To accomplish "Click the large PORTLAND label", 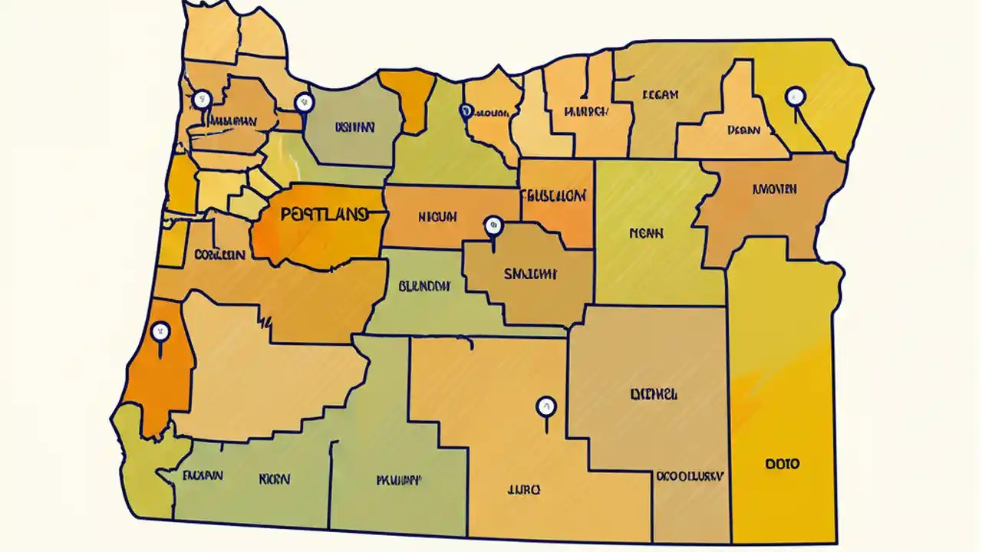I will (323, 215).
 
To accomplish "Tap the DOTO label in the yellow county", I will (782, 464).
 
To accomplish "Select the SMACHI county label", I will (530, 273).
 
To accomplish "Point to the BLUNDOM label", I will (424, 286).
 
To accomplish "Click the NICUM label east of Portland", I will (438, 217).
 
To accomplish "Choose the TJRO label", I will (524, 489).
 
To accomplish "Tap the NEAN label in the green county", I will (646, 232).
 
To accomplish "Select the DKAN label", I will (743, 130).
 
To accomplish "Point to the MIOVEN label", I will (774, 189).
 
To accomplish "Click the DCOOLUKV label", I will (689, 475).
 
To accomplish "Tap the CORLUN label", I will (219, 254).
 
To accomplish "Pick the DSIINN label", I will (354, 127).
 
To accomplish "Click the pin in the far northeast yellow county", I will (796, 97).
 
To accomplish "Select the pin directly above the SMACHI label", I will (493, 225).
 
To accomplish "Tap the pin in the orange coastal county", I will (160, 333).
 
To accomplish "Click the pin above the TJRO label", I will (545, 406).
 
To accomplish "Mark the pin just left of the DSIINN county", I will (304, 101).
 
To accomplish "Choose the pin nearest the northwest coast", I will (202, 99).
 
